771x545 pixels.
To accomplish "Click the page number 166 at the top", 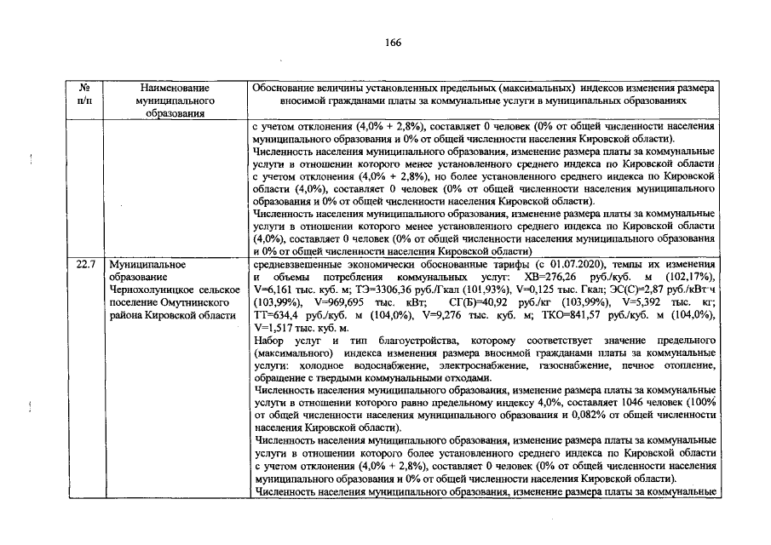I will coord(393,43).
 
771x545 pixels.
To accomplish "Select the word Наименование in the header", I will coord(172,88).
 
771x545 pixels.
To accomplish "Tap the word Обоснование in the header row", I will coord(285,88).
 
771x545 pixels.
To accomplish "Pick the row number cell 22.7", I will coord(84,265).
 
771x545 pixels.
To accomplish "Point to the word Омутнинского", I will coord(199,302).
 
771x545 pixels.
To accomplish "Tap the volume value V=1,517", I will coord(277,328).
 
